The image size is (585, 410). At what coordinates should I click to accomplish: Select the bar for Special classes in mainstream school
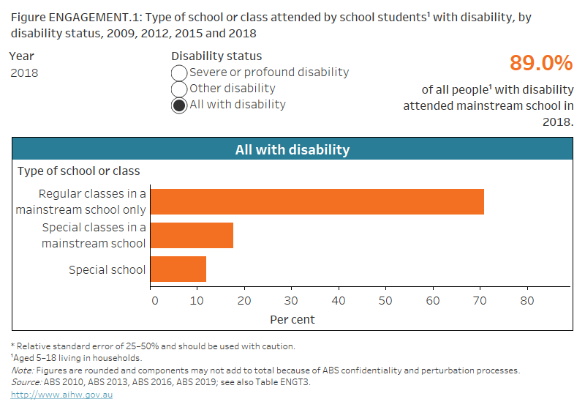[193, 235]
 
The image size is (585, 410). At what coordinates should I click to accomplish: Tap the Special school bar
[179, 269]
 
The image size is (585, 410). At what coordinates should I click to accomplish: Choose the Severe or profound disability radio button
[178, 72]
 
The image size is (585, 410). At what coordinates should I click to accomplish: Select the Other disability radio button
[178, 89]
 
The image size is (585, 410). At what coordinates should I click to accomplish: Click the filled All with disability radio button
[178, 105]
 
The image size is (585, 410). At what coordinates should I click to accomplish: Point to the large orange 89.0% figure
[540, 64]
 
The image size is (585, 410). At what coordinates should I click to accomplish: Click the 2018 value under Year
[24, 73]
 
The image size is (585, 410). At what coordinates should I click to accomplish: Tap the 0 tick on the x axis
[154, 301]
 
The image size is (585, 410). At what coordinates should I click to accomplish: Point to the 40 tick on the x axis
[339, 301]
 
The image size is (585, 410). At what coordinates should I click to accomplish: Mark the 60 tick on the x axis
[433, 301]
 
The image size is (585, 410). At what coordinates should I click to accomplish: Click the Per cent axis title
[292, 319]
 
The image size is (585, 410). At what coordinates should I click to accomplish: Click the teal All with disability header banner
[292, 149]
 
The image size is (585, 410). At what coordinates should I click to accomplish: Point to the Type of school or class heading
[78, 171]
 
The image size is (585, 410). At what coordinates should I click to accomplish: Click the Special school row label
[107, 269]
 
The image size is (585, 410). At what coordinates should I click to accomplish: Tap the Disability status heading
[216, 56]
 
